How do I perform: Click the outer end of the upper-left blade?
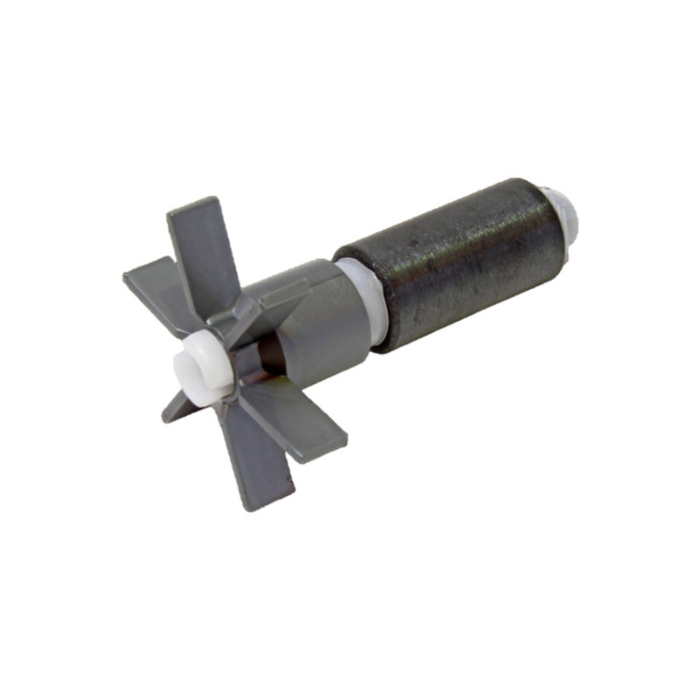coord(131,278)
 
